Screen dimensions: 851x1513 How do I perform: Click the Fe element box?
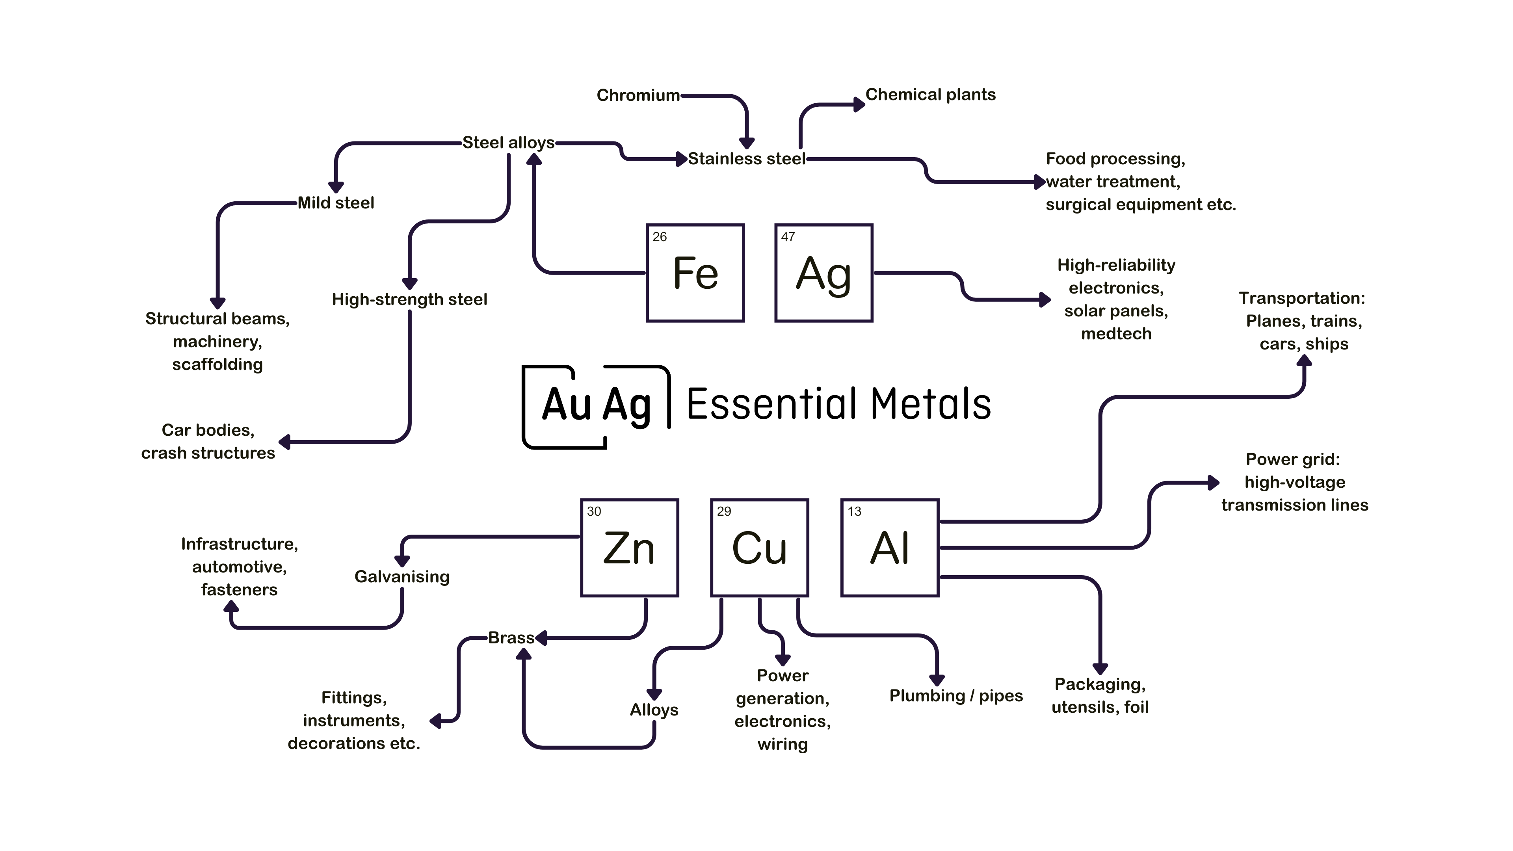coord(695,273)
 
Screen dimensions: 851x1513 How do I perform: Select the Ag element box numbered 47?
coord(823,273)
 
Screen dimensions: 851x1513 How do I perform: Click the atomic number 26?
coord(660,237)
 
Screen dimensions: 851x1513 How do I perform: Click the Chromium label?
coord(638,95)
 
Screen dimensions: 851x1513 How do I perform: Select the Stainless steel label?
coord(747,158)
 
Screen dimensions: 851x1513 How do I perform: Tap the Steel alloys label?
coord(508,143)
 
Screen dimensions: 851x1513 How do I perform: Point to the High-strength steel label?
coord(409,299)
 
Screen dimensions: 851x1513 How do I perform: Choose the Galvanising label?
coord(402,577)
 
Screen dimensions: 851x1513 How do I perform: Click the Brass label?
coord(511,638)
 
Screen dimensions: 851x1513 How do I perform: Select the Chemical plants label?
coord(930,95)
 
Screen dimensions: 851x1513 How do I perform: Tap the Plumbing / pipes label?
coord(955,696)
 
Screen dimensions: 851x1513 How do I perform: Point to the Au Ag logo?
coord(596,405)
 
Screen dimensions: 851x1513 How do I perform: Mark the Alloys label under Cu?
coord(654,710)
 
